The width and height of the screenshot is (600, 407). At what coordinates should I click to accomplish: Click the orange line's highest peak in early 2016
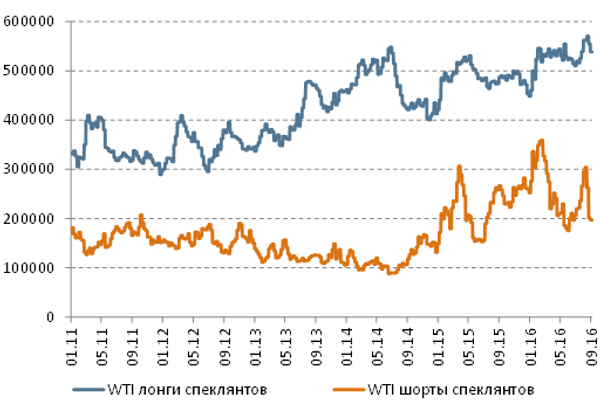pos(541,141)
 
